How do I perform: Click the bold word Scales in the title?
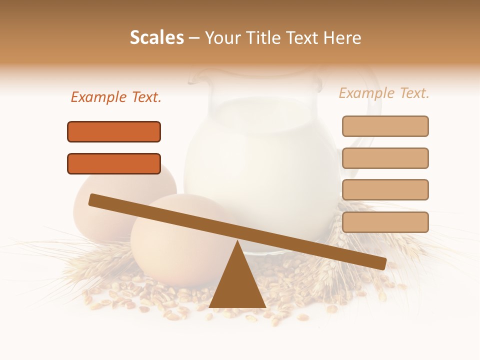tap(156, 37)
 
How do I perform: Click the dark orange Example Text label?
tap(116, 97)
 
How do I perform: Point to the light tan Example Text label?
tap(384, 93)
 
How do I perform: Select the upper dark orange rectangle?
tap(114, 131)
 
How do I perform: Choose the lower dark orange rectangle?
tap(114, 163)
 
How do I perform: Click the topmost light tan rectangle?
tap(385, 126)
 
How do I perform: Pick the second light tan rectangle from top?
tap(385, 158)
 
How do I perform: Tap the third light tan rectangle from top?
tap(385, 189)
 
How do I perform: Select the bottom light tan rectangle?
tap(385, 222)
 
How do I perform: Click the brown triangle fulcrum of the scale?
tap(237, 285)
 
